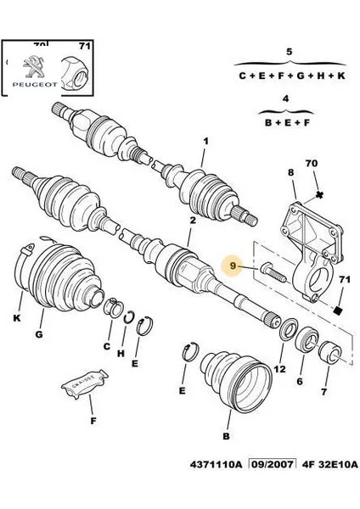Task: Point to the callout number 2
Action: tap(192, 221)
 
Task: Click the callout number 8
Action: tap(290, 172)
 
